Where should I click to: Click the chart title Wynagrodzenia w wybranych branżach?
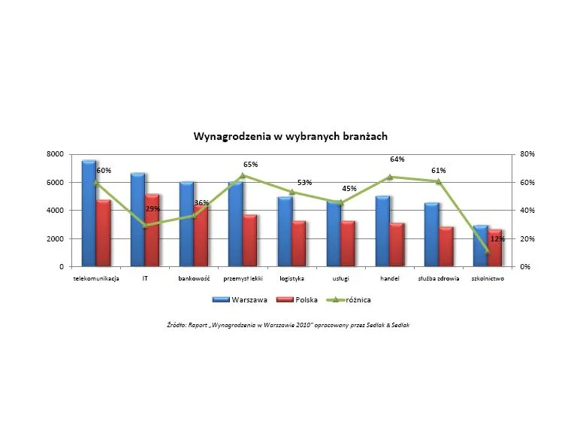click(291, 137)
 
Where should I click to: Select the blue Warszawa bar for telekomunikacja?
click(89, 214)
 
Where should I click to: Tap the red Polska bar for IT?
click(152, 230)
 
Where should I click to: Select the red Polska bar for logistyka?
click(299, 244)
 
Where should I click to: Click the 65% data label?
click(250, 164)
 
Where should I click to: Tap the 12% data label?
click(497, 239)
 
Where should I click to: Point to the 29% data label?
click(152, 208)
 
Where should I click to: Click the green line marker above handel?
click(390, 177)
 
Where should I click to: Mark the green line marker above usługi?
click(340, 202)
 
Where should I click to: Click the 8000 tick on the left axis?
click(55, 154)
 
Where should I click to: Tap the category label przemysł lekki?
click(243, 278)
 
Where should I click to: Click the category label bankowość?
click(193, 278)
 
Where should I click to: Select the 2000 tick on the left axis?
click(55, 239)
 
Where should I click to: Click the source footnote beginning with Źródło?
click(288, 325)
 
